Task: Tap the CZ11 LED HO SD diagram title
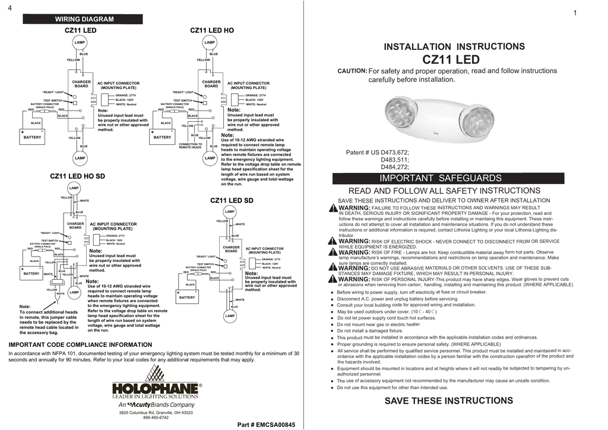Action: pos(77,176)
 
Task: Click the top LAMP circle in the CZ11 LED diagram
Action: pos(80,43)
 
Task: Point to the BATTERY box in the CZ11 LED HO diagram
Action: pos(162,136)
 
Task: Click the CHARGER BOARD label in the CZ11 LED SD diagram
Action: pos(231,249)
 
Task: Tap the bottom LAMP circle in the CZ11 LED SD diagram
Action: pos(230,316)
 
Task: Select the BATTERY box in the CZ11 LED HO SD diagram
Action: pos(31,273)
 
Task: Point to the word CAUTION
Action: pos(352,71)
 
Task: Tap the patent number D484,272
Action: pos(395,167)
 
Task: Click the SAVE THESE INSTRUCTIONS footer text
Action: pos(448,400)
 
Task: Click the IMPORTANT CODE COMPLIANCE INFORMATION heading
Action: pos(80,344)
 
